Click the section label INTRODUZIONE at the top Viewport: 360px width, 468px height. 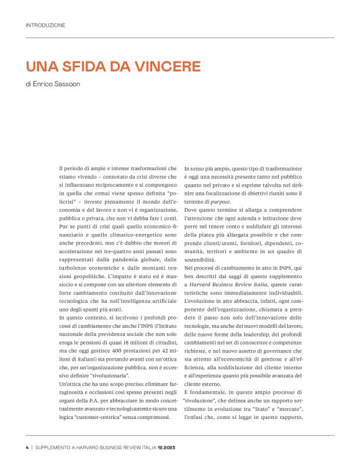click(45, 25)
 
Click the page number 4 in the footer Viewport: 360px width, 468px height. click(27, 446)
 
